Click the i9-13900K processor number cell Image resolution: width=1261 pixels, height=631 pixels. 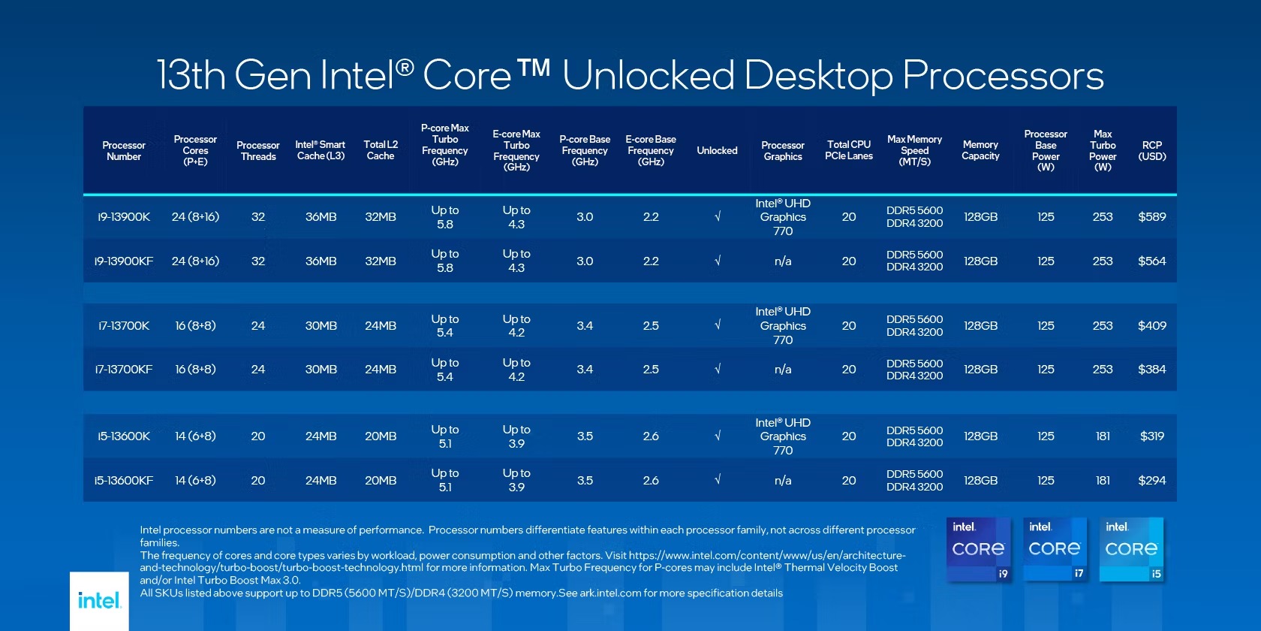click(124, 217)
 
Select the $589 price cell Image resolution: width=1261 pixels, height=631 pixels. click(1151, 217)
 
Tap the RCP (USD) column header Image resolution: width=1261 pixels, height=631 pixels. click(1151, 150)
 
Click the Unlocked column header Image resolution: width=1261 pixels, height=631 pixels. click(717, 150)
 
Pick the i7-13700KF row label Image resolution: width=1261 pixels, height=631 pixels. click(124, 370)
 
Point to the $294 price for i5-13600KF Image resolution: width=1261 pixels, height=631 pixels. click(1151, 481)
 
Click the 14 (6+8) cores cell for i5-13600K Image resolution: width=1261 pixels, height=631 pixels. click(195, 436)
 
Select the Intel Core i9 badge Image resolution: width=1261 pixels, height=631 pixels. click(979, 549)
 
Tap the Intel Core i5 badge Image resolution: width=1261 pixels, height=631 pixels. click(1131, 549)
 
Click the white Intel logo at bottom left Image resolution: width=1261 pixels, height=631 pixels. click(99, 601)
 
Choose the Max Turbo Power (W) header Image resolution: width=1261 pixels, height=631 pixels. click(1102, 150)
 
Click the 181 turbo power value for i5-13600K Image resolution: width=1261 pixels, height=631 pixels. click(1102, 436)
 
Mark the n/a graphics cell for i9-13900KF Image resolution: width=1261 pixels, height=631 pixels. click(782, 261)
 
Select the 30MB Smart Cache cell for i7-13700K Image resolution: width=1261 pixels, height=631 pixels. click(321, 326)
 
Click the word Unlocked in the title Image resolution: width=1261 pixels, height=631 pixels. click(649, 76)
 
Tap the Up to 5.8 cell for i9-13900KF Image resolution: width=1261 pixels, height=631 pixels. click(444, 261)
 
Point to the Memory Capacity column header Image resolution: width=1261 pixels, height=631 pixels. click(980, 150)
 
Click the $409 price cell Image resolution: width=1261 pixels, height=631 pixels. click(1151, 326)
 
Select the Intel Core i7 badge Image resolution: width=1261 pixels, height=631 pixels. click(1055, 549)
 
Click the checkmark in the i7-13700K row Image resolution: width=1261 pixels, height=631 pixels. click(717, 326)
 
